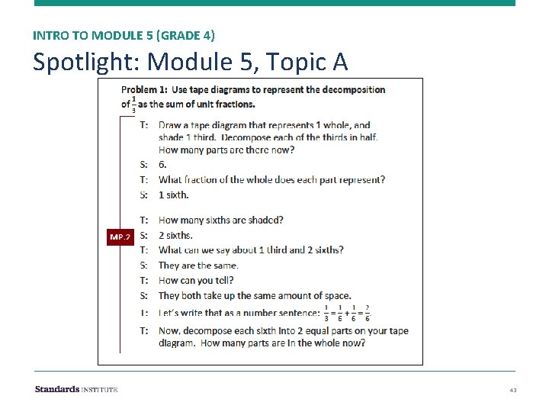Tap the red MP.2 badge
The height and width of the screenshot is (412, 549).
[120, 237]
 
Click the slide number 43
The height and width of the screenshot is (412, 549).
[513, 390]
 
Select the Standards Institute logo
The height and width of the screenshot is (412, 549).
[76, 389]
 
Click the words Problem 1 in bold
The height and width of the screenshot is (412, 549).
[144, 89]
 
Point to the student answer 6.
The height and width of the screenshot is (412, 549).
[162, 164]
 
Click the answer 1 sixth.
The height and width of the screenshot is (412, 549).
[173, 195]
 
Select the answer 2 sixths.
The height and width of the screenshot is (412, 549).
[175, 235]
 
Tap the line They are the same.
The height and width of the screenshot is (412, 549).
[198, 266]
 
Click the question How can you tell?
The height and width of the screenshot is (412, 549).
[196, 280]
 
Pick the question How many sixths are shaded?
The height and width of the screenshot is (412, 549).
[221, 220]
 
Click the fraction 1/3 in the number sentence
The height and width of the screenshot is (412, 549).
[326, 313]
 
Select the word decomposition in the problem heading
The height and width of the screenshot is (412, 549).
[355, 89]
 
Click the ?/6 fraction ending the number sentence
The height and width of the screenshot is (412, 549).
[368, 313]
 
